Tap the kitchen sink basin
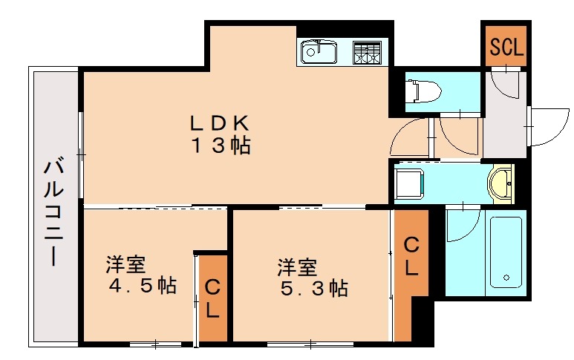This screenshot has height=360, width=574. click(x=319, y=52)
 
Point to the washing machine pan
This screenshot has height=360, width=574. click(x=409, y=183)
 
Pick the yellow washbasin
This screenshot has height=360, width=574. click(x=502, y=183)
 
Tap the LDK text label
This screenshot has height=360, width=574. click(x=221, y=122)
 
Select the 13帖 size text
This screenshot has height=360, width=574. click(x=221, y=145)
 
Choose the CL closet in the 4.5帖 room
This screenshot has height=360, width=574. click(x=212, y=298)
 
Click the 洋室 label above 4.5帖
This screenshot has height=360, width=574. click(x=124, y=264)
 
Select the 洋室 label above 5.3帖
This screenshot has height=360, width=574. click(x=298, y=266)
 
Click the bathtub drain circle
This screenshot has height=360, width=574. click(x=507, y=280)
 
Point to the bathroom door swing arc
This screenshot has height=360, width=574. click(x=462, y=226)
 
